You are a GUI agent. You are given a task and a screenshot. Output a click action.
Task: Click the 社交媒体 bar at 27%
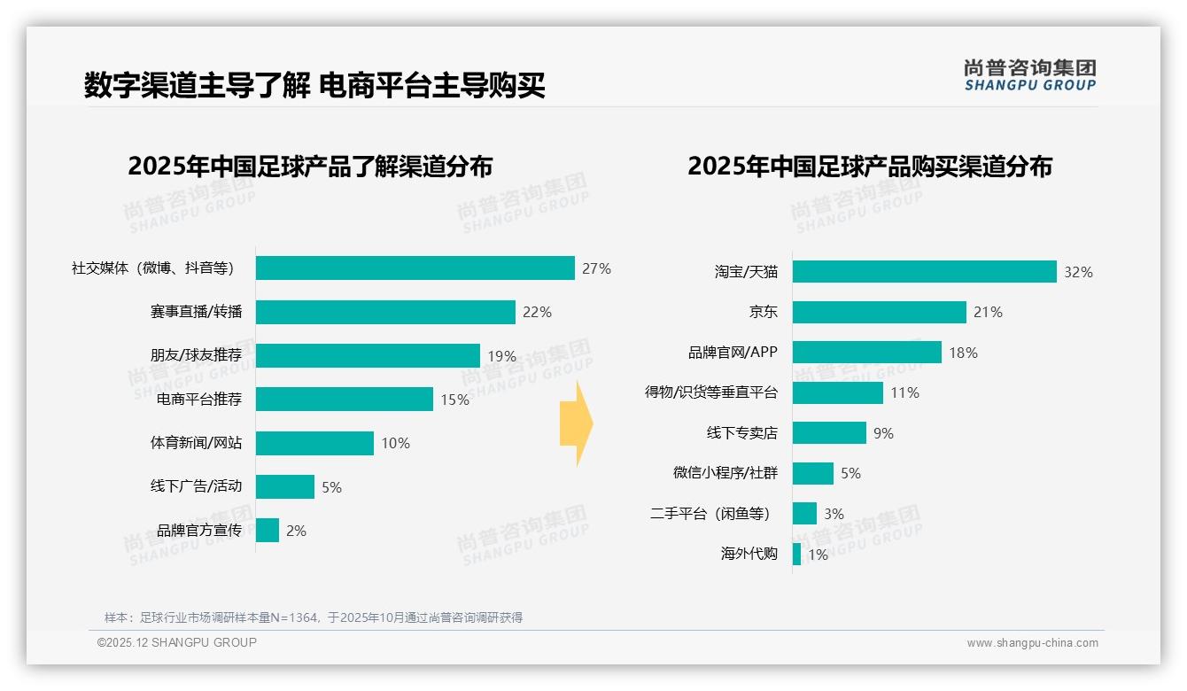415,268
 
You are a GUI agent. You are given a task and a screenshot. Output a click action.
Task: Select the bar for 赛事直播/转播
385,312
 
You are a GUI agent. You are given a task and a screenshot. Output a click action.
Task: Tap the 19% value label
501,356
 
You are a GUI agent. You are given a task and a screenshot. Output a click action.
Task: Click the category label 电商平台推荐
198,400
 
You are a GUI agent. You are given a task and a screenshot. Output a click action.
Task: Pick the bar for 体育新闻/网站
314,443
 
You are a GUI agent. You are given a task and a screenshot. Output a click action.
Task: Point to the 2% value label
296,531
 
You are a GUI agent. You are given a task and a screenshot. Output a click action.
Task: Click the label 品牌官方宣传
198,531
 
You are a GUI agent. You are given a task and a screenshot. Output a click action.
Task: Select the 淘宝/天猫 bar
924,271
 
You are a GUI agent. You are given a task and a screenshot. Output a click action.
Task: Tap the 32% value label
1078,272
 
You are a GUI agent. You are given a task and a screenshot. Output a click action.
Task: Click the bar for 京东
879,312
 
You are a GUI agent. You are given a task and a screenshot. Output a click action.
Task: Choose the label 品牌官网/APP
733,352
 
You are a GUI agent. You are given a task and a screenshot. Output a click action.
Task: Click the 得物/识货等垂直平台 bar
837,392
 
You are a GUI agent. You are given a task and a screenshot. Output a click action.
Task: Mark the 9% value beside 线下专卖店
883,433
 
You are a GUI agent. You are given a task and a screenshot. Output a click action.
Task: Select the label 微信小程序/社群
725,473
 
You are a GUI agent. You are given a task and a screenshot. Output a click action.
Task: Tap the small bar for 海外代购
796,555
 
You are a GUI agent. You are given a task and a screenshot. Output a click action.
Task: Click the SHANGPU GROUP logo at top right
1029,74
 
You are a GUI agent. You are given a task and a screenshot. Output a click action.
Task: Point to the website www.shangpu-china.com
1032,643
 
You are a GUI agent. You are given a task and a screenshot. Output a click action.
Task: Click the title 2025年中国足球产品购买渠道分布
869,167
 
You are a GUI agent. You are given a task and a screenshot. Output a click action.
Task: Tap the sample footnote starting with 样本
314,617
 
